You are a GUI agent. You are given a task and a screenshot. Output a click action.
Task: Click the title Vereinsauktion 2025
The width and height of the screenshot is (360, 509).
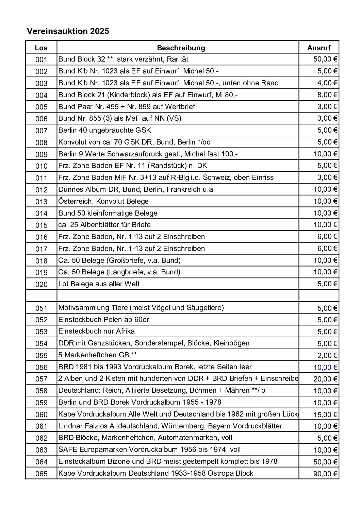(x=68, y=31)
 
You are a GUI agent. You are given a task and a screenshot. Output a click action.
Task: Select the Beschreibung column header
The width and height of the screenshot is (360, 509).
(x=181, y=48)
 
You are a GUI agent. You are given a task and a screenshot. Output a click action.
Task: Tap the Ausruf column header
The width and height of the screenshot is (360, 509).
(x=318, y=48)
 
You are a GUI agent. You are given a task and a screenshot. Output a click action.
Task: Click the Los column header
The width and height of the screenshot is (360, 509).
(x=41, y=48)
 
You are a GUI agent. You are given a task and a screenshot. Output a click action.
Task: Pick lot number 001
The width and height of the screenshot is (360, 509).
(x=41, y=60)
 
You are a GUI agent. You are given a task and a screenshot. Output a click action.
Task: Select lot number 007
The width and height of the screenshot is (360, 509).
(x=41, y=131)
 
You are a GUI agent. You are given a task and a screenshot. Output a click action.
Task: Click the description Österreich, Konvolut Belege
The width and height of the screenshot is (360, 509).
(x=103, y=201)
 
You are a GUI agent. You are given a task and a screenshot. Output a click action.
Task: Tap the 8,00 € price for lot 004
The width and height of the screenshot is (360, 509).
(x=327, y=95)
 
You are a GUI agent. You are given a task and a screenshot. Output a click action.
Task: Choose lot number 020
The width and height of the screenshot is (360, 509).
(x=41, y=284)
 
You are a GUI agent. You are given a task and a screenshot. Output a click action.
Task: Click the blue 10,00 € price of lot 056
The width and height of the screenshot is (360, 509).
(x=325, y=367)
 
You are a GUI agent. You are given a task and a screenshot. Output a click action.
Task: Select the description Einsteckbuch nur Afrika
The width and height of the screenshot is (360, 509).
(x=97, y=331)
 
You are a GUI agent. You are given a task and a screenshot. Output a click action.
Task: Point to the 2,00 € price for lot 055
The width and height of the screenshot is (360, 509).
(x=327, y=356)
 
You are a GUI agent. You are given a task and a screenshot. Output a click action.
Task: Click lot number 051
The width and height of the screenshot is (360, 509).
(x=41, y=308)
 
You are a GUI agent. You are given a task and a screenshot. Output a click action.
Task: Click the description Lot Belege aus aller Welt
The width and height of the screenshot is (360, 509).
(x=99, y=284)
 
